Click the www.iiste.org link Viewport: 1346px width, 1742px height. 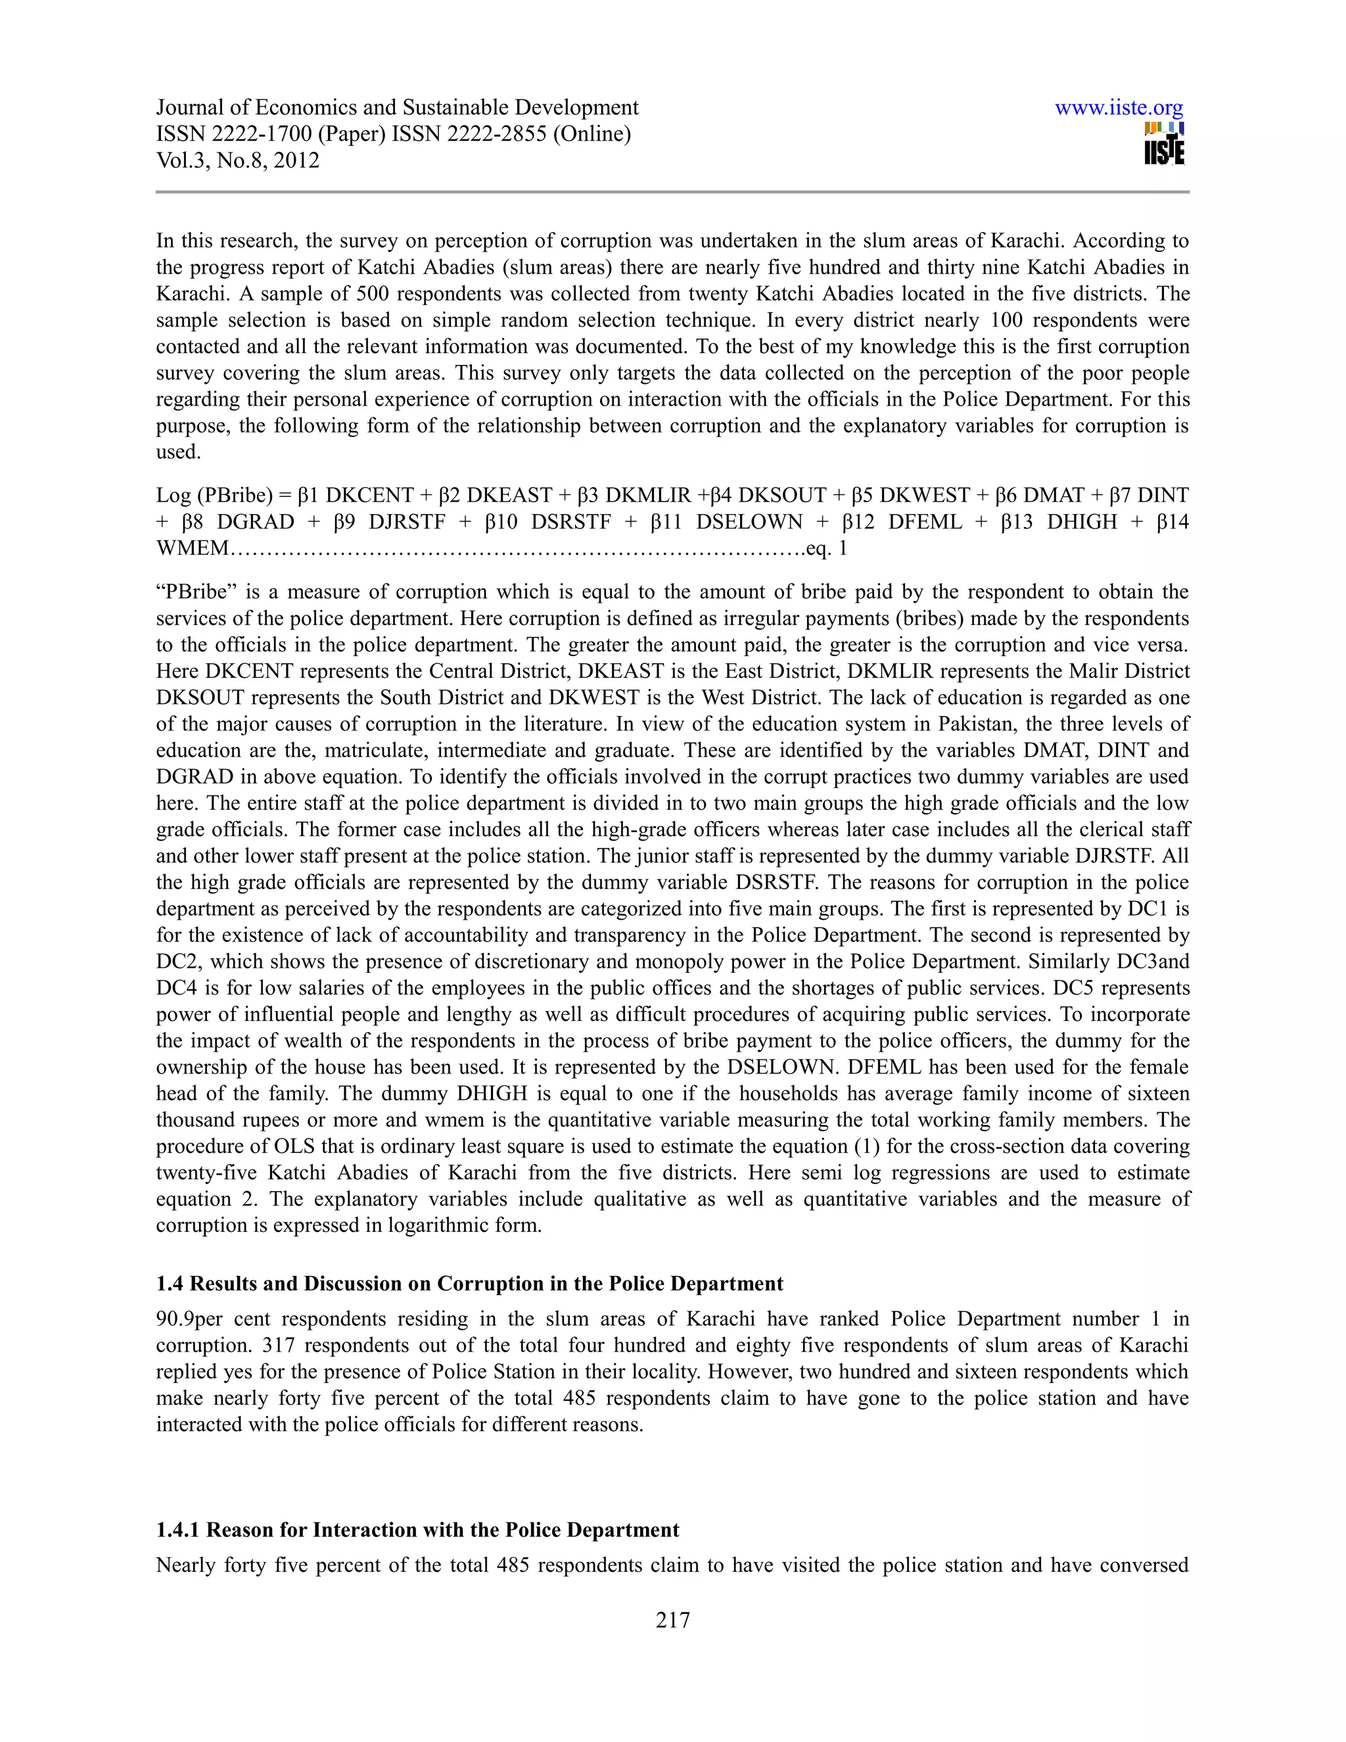click(1118, 108)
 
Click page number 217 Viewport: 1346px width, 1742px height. click(672, 1619)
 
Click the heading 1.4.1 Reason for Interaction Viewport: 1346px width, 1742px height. click(417, 1530)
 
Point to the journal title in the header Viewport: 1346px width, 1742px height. click(396, 108)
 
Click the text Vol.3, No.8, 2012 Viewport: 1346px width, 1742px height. click(238, 160)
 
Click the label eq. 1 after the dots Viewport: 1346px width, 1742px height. click(827, 549)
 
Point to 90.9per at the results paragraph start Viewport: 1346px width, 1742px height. click(190, 1319)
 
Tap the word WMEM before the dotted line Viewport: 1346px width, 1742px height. click(192, 549)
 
